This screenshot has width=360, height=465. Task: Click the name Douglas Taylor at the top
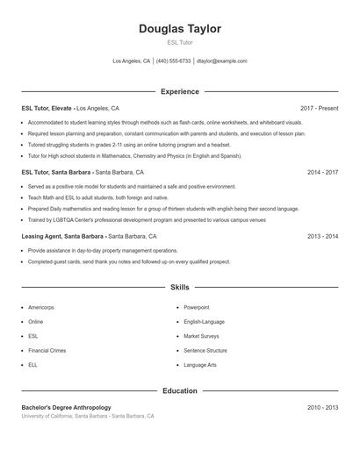click(180, 29)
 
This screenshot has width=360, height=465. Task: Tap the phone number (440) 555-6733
click(174, 61)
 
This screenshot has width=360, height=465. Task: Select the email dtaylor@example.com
click(221, 61)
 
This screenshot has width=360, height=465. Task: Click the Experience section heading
click(180, 91)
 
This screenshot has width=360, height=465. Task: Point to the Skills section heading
click(180, 287)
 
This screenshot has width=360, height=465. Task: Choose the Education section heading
click(180, 390)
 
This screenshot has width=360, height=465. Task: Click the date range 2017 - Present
click(319, 108)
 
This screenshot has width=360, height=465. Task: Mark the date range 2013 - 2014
click(322, 236)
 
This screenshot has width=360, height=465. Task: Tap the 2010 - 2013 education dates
click(322, 407)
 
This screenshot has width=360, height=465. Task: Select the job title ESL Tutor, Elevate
click(47, 108)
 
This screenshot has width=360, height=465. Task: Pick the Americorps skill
click(42, 308)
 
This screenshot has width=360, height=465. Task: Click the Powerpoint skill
click(198, 308)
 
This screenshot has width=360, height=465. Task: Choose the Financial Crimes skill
click(47, 350)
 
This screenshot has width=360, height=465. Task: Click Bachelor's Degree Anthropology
click(67, 407)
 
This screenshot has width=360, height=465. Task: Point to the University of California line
click(88, 416)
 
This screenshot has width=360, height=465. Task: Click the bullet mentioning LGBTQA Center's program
click(140, 219)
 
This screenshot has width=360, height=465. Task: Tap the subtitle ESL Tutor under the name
click(180, 42)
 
